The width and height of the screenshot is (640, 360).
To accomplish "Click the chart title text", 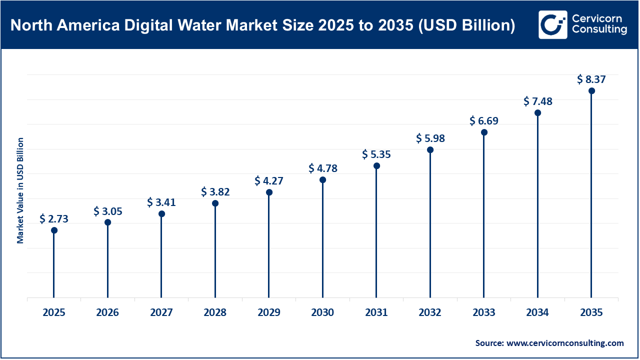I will [262, 25].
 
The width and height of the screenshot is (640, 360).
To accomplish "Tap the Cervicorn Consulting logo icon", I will [553, 24].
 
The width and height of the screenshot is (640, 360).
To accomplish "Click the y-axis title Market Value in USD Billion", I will [20, 190].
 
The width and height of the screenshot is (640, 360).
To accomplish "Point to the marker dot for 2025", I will [54, 230].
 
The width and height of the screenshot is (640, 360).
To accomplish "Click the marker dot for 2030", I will [322, 180].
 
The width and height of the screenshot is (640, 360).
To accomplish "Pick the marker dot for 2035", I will [591, 91].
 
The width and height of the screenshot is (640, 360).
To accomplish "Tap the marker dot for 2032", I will [430, 150].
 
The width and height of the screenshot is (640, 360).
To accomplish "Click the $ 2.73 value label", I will [54, 218].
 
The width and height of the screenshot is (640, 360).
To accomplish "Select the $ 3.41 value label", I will [161, 202].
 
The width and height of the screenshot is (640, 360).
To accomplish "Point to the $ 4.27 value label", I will [269, 180].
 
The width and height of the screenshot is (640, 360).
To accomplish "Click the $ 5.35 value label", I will [376, 154].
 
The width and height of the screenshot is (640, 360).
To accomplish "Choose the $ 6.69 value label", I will [484, 121].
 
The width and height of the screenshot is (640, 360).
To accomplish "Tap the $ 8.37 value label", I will [591, 79].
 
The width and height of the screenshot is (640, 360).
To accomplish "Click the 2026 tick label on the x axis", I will [107, 313].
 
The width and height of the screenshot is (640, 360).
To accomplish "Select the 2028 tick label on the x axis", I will [215, 313].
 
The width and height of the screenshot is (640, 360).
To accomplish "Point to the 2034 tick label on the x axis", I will [537, 313].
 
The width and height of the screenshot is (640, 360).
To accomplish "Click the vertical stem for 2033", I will [484, 215].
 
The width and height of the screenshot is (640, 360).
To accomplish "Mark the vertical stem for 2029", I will [269, 245].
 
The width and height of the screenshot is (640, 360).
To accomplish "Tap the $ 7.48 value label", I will [538, 101].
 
